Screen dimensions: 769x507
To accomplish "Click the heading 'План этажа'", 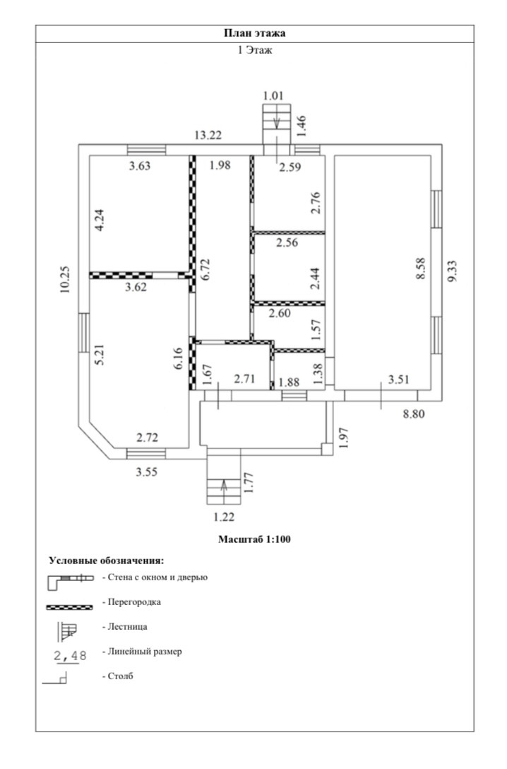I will click(x=254, y=33).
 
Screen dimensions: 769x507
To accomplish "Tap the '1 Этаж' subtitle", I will click(x=254, y=50).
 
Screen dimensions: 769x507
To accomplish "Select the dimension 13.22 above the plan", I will click(x=211, y=135).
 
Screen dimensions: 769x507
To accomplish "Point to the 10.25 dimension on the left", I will click(x=66, y=278).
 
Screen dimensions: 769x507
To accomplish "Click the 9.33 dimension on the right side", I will click(x=452, y=271).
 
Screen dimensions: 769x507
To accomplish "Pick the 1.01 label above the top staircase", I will click(x=273, y=95).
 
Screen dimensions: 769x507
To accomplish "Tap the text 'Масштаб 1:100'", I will click(x=254, y=539).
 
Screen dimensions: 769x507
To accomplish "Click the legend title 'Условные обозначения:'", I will click(x=106, y=560).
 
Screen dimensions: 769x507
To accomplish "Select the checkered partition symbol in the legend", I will click(x=69, y=606).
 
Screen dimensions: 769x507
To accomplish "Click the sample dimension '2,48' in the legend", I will click(x=70, y=655).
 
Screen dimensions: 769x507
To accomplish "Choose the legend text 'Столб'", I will click(x=121, y=676).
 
